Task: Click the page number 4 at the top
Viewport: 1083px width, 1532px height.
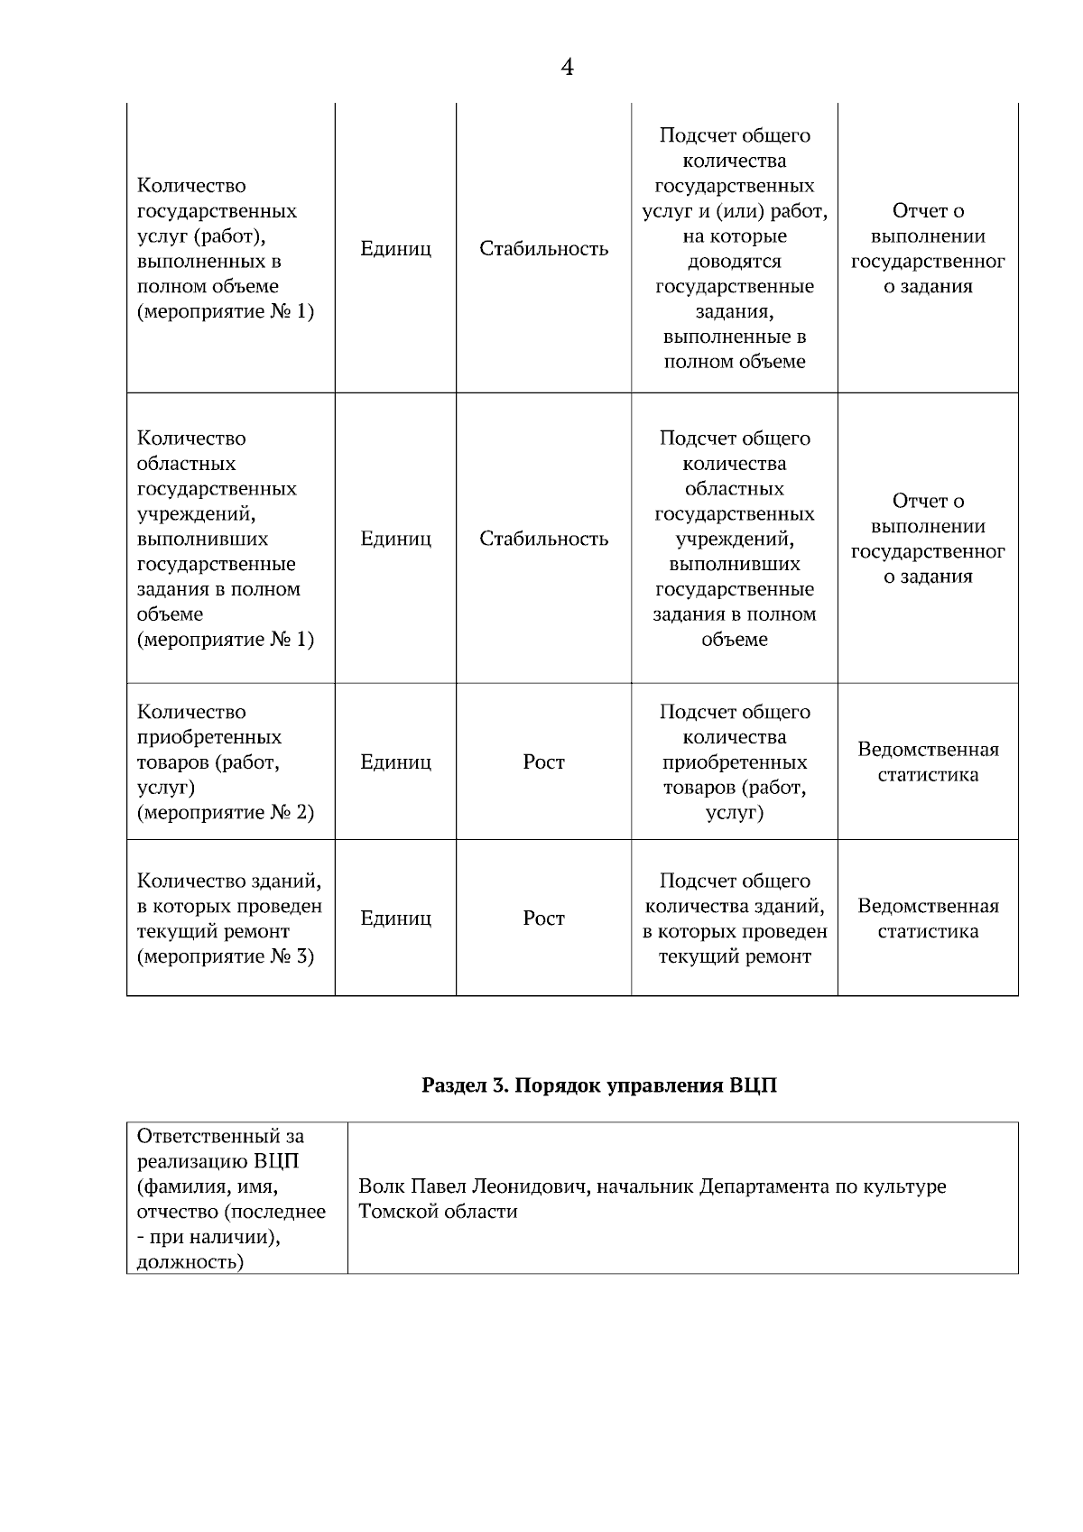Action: (567, 68)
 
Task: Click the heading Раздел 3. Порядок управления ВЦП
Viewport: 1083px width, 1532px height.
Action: (599, 1085)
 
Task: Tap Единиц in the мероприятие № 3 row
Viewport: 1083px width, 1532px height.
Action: (395, 918)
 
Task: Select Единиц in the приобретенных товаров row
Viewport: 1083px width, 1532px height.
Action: (395, 762)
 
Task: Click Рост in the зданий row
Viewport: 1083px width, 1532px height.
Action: (543, 918)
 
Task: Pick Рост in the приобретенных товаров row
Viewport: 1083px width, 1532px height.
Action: (543, 762)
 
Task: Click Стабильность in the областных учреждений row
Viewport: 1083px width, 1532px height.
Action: (543, 539)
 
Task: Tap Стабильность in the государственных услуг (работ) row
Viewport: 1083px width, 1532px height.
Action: (543, 249)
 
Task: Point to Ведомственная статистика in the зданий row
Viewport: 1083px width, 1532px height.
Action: (928, 918)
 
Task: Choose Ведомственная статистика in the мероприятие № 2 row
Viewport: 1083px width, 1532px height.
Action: (928, 762)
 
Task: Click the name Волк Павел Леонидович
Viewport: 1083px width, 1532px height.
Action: (474, 1186)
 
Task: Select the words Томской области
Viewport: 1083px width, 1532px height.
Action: (438, 1212)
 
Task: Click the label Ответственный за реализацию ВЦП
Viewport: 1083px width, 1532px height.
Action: (221, 1148)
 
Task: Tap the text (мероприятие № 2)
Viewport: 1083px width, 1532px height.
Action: (226, 813)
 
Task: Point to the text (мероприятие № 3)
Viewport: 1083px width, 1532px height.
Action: (226, 956)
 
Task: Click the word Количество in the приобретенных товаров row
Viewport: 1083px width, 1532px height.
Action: (191, 712)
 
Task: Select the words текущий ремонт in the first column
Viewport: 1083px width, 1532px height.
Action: (213, 931)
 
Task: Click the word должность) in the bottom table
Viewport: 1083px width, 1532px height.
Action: (190, 1261)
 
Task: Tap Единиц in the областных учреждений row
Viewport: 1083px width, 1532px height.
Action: (395, 539)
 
